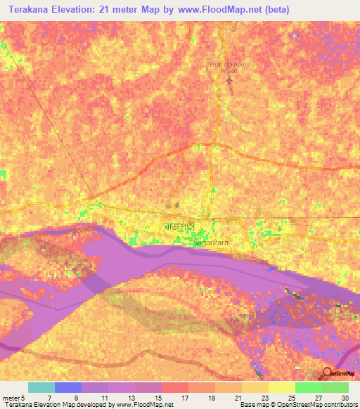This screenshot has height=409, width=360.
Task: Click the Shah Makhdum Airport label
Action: (x=229, y=67)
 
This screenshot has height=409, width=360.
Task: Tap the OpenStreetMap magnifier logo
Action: (x=327, y=374)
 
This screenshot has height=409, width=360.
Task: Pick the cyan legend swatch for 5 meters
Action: (x=41, y=387)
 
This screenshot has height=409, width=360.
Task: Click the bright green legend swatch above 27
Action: (x=308, y=387)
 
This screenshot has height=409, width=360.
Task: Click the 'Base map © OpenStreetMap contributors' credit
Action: (x=298, y=405)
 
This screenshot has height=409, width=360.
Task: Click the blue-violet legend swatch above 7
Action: (x=68, y=387)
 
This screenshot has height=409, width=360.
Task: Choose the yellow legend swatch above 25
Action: (x=281, y=387)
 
